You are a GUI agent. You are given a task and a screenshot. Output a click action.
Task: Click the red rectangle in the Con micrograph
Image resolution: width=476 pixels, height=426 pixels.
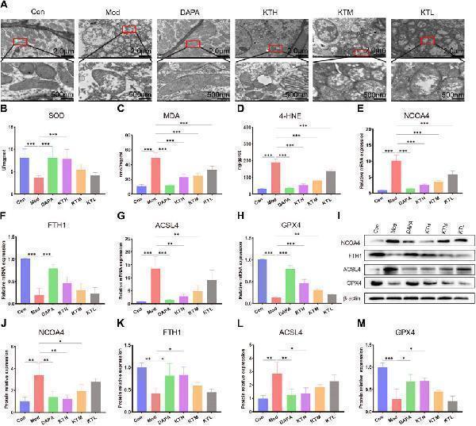coord(21,41)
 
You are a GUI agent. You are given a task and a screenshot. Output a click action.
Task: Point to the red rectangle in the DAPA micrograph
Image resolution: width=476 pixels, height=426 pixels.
coord(193,44)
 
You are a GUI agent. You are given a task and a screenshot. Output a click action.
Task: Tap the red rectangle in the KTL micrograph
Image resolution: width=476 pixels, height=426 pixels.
coord(427,39)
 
